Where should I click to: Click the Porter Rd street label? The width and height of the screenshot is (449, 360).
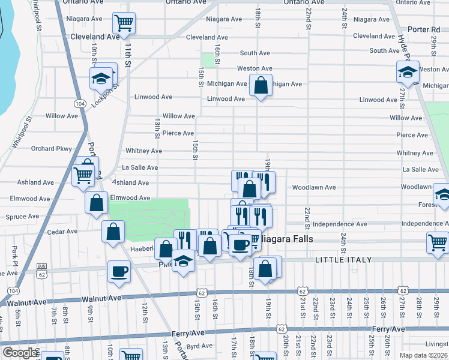(x=427, y=29)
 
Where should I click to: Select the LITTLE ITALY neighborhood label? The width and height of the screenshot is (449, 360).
(x=343, y=259)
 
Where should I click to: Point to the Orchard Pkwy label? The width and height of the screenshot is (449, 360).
(x=51, y=149)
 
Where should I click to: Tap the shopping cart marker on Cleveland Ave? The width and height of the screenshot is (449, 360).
(x=124, y=23)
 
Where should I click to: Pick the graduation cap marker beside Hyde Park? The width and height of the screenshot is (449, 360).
(x=408, y=72)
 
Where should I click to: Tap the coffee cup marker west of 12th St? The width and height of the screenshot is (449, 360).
(x=118, y=271)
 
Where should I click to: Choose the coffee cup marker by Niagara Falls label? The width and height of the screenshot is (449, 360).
(x=241, y=244)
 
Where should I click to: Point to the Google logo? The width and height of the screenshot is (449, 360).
(x=20, y=353)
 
